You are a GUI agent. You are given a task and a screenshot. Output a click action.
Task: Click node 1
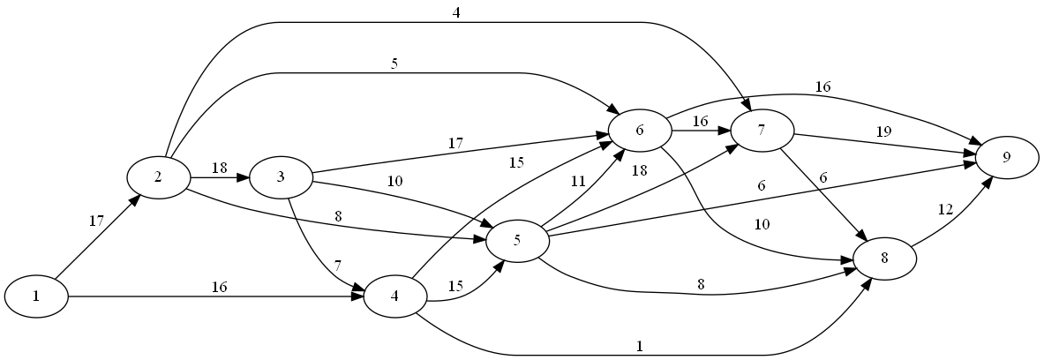36,296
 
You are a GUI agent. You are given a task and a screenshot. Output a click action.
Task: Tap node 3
281,176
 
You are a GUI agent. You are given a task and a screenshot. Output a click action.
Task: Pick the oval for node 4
394,296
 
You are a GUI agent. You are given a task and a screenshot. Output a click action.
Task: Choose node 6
639,130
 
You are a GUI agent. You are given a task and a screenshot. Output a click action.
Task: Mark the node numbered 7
761,130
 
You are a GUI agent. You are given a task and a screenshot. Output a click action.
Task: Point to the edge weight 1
638,347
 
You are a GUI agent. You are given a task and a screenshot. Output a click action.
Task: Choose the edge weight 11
578,182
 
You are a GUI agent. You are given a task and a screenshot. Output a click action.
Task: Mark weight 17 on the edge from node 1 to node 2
97,221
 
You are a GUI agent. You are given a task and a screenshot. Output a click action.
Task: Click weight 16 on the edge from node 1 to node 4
220,287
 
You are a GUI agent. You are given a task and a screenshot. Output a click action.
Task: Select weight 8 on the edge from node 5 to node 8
700,285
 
